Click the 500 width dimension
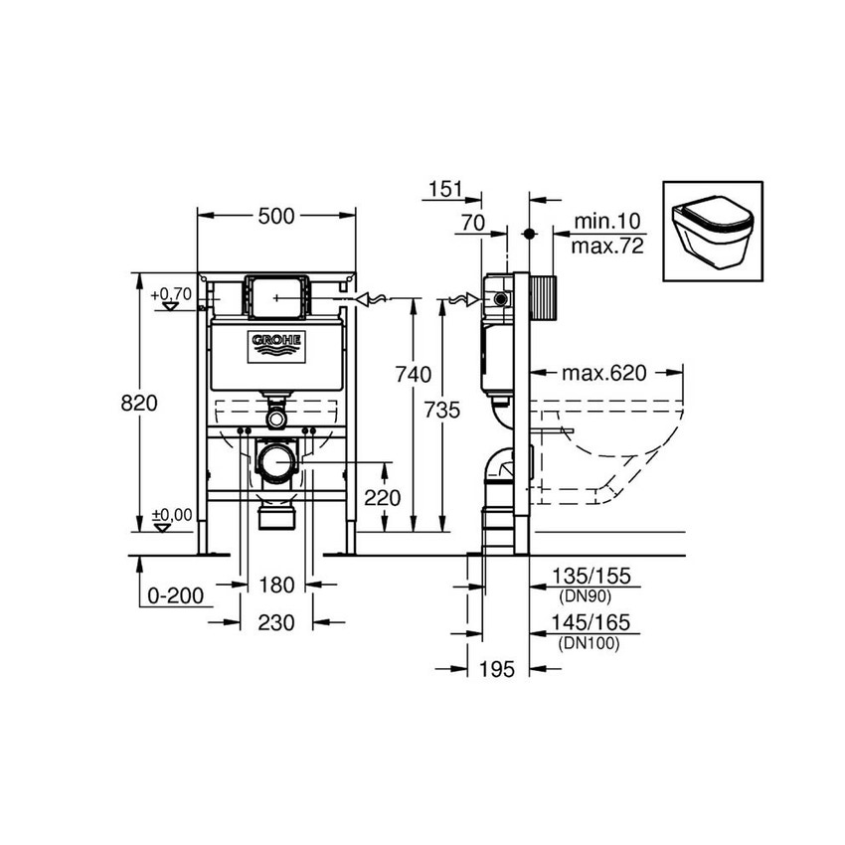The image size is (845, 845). coord(275,217)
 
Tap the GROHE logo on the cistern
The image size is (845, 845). coord(277,344)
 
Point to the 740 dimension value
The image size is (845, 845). coord(413,375)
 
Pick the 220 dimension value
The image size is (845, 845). coord(382,498)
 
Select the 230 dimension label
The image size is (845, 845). coord(276,622)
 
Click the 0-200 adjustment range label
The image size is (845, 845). coord(175,595)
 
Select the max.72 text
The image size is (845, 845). coord(607,245)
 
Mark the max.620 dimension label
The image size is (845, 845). coord(603,374)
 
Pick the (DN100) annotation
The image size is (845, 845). coord(590,643)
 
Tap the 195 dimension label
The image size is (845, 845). coord(496,670)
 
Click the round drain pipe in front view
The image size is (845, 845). coord(276,461)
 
